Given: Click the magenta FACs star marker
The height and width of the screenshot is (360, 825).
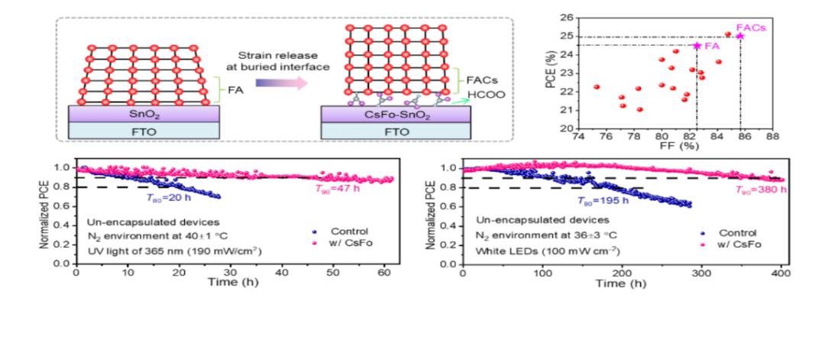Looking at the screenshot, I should click(739, 36).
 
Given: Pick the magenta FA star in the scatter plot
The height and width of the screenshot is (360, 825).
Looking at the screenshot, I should click(697, 46).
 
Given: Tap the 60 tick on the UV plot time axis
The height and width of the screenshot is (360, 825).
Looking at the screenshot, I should click(386, 274).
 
